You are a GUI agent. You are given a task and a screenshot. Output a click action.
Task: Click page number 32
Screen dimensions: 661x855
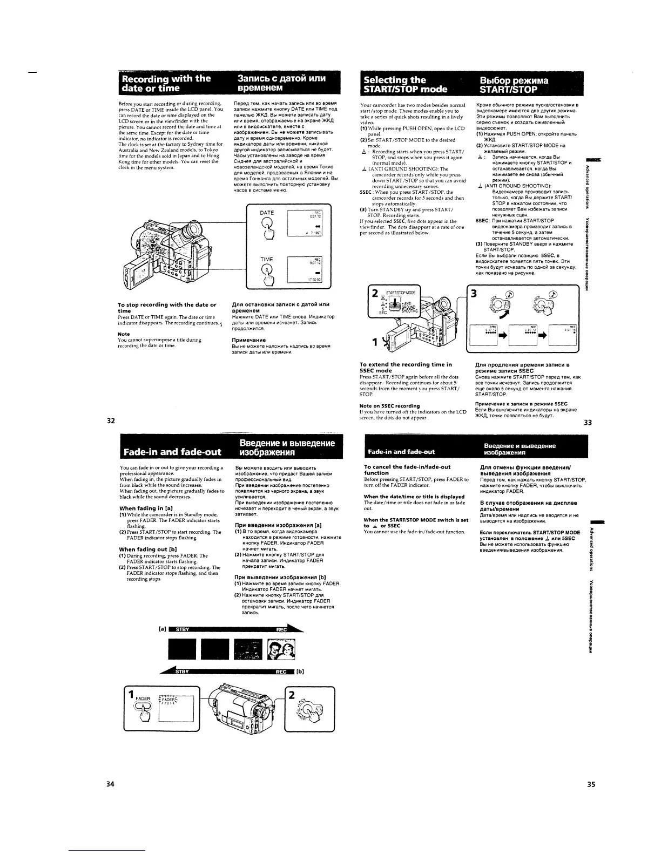pos(110,420)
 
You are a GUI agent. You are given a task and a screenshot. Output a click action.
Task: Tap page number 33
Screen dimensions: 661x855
pos(588,423)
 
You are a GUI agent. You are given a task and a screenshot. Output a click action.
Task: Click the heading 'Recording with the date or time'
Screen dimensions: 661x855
pos(165,84)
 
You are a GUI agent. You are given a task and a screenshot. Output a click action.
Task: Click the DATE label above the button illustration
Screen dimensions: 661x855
pos(267,213)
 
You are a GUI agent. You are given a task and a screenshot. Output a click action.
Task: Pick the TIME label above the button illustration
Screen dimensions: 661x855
pos(267,260)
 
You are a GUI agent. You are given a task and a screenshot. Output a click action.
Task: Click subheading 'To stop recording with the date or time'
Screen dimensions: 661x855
pos(166,308)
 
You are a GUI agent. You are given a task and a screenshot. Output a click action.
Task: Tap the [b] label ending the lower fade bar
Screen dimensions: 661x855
pos(300,672)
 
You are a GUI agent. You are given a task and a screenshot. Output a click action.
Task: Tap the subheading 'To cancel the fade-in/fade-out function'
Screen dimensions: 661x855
pos(407,470)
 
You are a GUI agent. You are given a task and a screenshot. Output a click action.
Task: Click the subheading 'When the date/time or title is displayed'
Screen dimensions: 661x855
pos(414,497)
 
